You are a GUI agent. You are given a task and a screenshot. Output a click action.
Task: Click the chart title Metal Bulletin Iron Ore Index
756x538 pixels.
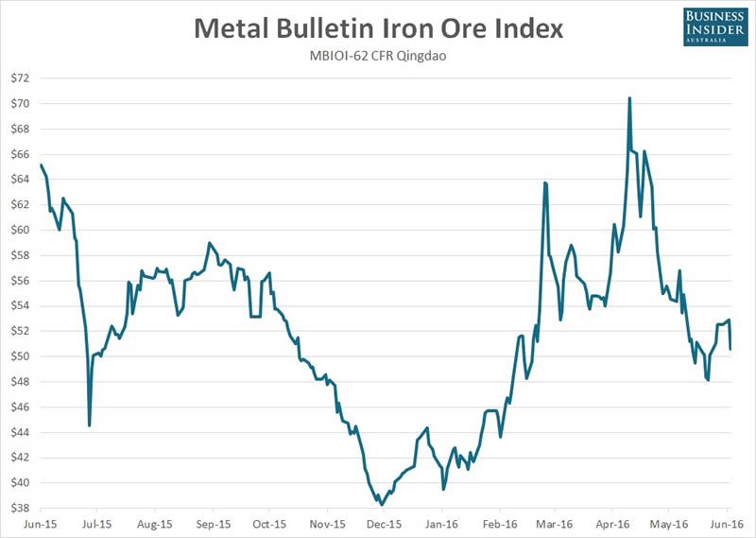[378, 27]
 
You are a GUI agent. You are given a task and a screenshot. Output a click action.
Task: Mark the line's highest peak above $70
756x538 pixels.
[629, 98]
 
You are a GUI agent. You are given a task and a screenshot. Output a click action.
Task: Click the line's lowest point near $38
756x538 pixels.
[381, 504]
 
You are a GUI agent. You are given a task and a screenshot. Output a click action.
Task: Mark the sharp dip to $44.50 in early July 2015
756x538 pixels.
[89, 425]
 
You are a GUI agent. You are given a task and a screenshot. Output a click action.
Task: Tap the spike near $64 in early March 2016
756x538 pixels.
[545, 182]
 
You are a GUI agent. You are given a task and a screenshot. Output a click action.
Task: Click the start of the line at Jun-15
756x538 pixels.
[41, 165]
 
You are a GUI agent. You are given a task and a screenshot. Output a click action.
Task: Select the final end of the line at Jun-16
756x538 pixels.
[730, 350]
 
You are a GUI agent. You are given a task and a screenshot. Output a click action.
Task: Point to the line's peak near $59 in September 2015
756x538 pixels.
[209, 243]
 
